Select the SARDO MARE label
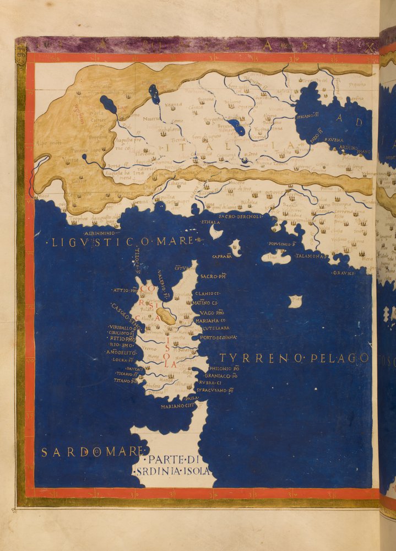91,452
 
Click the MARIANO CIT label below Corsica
178,407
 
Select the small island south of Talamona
296,301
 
